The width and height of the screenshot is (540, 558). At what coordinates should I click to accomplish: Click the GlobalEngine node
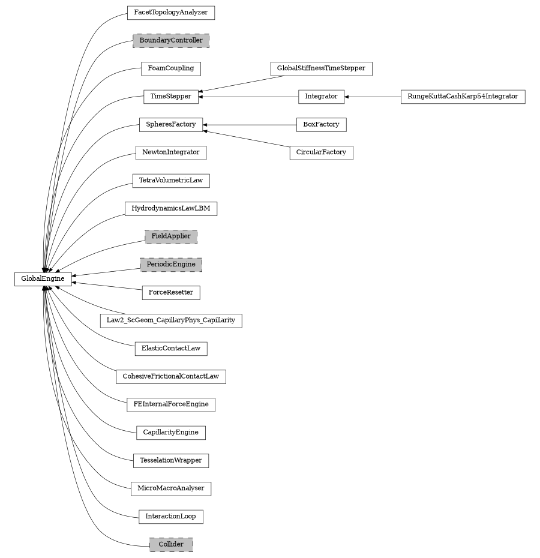click(x=43, y=279)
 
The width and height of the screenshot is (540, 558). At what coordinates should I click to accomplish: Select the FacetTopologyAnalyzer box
click(x=171, y=13)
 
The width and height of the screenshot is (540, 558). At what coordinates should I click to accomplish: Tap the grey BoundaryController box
click(x=171, y=41)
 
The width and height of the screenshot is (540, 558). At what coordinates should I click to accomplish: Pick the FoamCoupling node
click(x=171, y=68)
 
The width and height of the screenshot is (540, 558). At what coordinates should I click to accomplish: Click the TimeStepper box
click(x=171, y=96)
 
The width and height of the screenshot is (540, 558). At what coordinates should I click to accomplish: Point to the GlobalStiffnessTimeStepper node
click(x=321, y=68)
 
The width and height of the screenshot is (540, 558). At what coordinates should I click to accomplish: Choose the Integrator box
click(x=321, y=96)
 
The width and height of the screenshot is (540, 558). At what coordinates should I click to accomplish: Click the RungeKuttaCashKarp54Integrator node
click(x=463, y=96)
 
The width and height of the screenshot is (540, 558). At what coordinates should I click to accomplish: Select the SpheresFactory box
click(x=171, y=124)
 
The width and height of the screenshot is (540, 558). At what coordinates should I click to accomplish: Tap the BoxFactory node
click(x=321, y=124)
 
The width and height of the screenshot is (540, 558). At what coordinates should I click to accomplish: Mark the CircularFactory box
click(x=321, y=152)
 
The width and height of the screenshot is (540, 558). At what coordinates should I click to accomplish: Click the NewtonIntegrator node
click(x=171, y=152)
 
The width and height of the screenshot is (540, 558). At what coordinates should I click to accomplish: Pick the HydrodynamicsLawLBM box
click(x=171, y=209)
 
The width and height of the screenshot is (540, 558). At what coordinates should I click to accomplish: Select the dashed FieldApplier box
click(x=171, y=236)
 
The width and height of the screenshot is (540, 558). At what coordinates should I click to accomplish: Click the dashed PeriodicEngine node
click(x=171, y=265)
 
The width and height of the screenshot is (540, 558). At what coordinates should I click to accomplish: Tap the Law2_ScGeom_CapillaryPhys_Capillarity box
click(x=171, y=320)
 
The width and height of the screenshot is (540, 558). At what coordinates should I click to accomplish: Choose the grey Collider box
click(x=171, y=545)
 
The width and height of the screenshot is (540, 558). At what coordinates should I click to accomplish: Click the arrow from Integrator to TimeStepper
click(x=248, y=96)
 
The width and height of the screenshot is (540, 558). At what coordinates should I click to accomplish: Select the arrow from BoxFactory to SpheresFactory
click(x=250, y=124)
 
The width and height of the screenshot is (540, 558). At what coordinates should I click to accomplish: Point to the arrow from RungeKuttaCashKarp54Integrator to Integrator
click(x=372, y=96)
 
